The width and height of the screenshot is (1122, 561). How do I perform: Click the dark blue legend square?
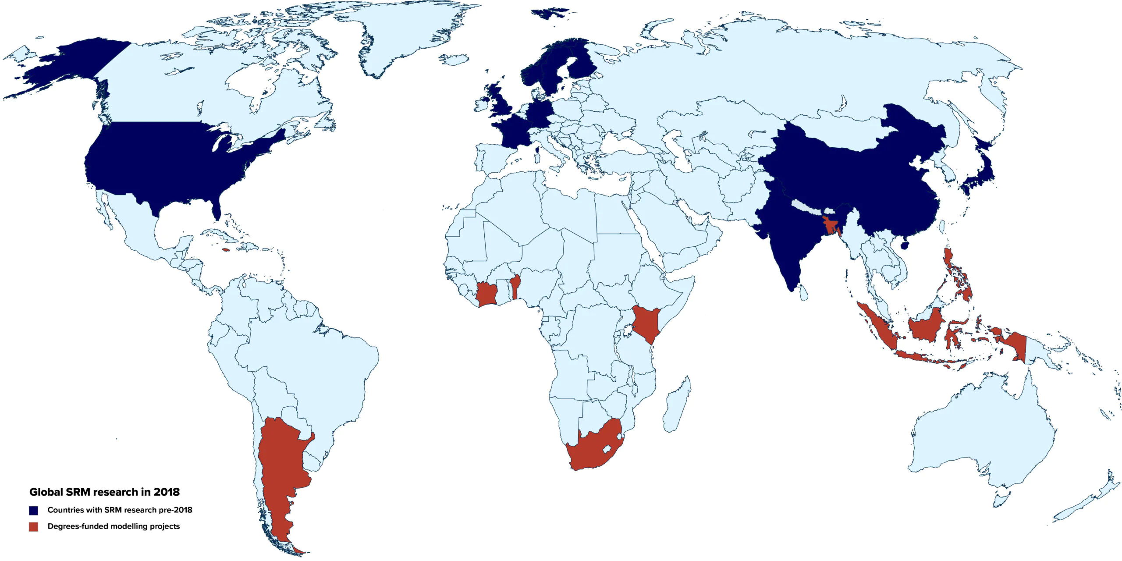coord(34,510)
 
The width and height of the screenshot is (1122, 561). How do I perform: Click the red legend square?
coord(34,526)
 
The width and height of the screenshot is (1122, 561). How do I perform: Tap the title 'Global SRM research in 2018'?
coord(104,492)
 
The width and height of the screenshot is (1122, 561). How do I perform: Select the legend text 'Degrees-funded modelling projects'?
coord(114,526)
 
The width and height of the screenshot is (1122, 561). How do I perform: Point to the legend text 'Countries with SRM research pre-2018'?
coord(120,510)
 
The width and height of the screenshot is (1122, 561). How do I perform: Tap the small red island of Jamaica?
coord(226,250)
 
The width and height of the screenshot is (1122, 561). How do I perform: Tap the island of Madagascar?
coord(677,405)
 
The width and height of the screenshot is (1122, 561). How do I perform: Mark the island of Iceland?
coord(454,60)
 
